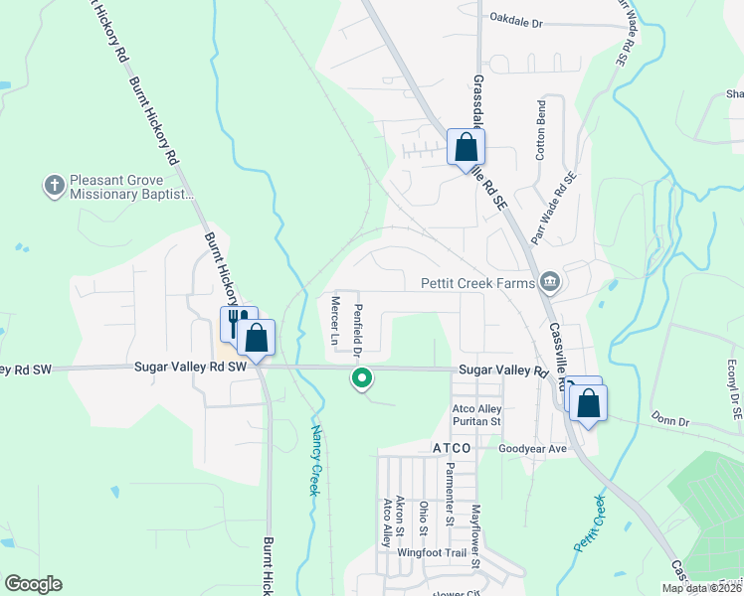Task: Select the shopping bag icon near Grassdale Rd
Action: click(x=465, y=148)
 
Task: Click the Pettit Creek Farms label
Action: click(x=477, y=284)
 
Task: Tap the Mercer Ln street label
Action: click(x=334, y=321)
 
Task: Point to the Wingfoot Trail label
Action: click(x=433, y=552)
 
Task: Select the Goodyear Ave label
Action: click(x=531, y=449)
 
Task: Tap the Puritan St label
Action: click(x=476, y=421)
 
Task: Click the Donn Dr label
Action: click(x=669, y=421)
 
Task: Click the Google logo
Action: click(x=33, y=584)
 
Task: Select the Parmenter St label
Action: click(x=450, y=493)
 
